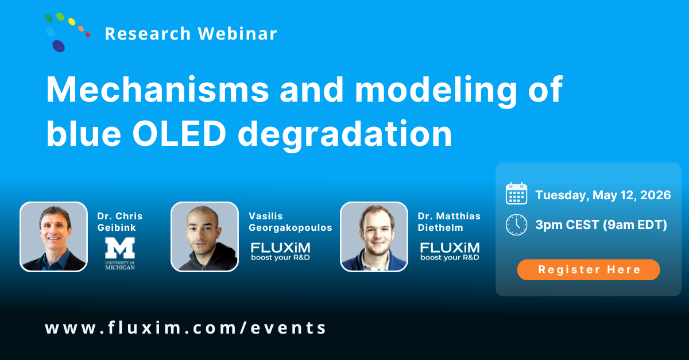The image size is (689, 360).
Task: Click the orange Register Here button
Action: pyautogui.click(x=588, y=269)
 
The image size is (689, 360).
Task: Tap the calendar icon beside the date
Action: pyautogui.click(x=516, y=194)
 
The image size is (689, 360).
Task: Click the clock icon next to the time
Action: pyautogui.click(x=516, y=224)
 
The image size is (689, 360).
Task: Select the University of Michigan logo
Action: pyautogui.click(x=120, y=253)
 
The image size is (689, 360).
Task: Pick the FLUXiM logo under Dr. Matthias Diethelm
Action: pyautogui.click(x=450, y=251)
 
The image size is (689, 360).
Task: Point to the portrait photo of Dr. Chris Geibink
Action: pyautogui.click(x=54, y=236)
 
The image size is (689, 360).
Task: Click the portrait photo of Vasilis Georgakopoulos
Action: pyautogui.click(x=204, y=236)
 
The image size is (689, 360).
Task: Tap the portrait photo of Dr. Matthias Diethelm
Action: pyautogui.click(x=374, y=236)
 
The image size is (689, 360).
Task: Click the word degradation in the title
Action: pyautogui.click(x=345, y=134)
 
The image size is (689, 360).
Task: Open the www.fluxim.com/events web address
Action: pyautogui.click(x=186, y=328)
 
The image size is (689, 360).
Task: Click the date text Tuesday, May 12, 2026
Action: pyautogui.click(x=603, y=195)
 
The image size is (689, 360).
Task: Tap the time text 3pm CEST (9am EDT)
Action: pyautogui.click(x=601, y=225)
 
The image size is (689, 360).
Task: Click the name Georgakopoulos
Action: pyautogui.click(x=291, y=228)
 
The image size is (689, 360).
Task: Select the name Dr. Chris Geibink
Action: pyautogui.click(x=119, y=222)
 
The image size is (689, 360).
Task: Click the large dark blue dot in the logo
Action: pyautogui.click(x=59, y=45)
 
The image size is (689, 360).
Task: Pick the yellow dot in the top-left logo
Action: pyautogui.click(x=72, y=22)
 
